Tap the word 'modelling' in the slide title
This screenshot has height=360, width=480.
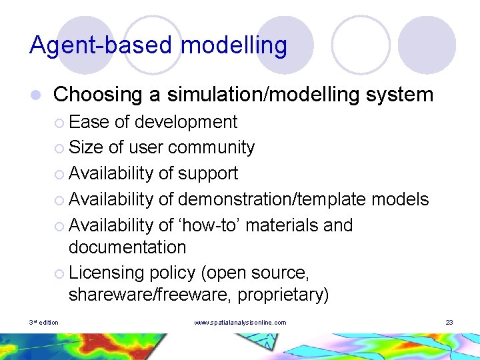tap(234, 45)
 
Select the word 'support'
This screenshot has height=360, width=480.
tap(207, 173)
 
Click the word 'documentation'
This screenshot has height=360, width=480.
tap(127, 247)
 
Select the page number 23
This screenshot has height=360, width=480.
tap(449, 323)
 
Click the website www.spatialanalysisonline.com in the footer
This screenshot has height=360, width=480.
tap(240, 323)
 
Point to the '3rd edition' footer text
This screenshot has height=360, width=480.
tap(44, 323)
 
